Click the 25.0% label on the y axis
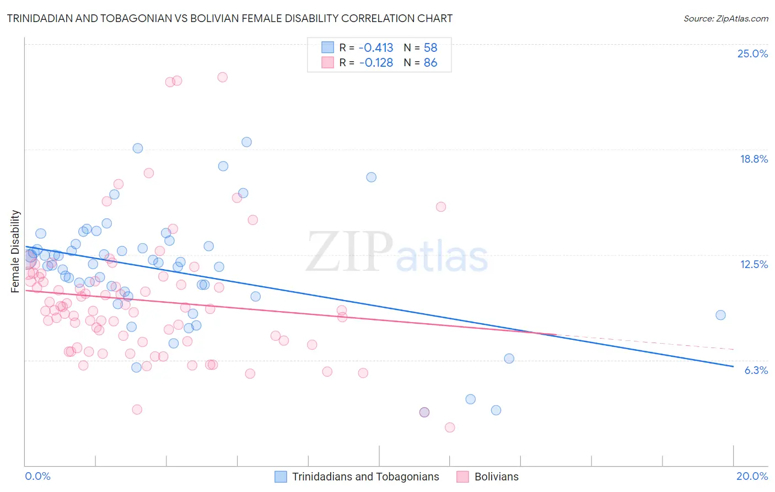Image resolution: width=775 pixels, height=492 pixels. pyautogui.click(x=752, y=54)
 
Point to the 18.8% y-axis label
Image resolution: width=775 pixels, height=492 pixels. pyautogui.click(x=754, y=159)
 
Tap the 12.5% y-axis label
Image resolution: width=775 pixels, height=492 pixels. pyautogui.click(x=754, y=264)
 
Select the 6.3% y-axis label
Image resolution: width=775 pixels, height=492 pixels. pyautogui.click(x=756, y=370)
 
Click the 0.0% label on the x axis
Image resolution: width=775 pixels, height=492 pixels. pyautogui.click(x=37, y=476)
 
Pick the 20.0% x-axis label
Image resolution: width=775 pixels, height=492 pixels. pyautogui.click(x=752, y=476)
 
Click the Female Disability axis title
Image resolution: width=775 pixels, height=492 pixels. pyautogui.click(x=15, y=251)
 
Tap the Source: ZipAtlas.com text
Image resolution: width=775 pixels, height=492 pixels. pyautogui.click(x=725, y=18)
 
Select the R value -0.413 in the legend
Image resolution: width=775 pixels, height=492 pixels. pyautogui.click(x=376, y=48)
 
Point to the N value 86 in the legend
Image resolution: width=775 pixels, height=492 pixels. pyautogui.click(x=430, y=63)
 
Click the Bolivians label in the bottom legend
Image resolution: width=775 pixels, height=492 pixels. pyautogui.click(x=496, y=477)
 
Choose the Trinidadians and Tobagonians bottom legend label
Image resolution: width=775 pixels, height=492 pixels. pyautogui.click(x=365, y=477)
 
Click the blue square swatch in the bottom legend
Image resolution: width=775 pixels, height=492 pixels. pyautogui.click(x=281, y=477)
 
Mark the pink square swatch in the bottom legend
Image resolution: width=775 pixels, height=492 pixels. pyautogui.click(x=463, y=477)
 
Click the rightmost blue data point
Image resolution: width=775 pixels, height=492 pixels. pyautogui.click(x=720, y=315)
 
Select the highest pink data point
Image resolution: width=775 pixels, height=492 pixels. pyautogui.click(x=222, y=77)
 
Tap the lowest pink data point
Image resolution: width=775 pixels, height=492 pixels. pyautogui.click(x=450, y=427)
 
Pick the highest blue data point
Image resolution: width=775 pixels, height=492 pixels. pyautogui.click(x=246, y=142)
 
